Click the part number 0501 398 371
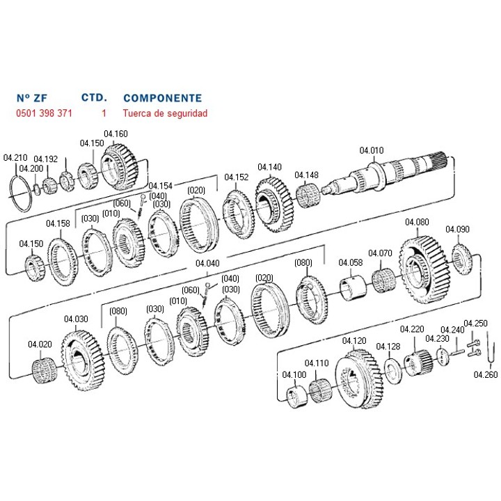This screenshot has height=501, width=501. (43, 112)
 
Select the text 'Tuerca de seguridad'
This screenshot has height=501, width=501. (165, 112)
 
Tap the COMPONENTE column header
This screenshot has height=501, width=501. (162, 98)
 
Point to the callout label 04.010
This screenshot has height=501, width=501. (372, 150)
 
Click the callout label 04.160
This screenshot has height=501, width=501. (116, 134)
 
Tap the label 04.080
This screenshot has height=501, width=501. (417, 223)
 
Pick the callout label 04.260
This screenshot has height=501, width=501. (486, 374)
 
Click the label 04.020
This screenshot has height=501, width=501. (40, 344)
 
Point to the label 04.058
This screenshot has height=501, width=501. (351, 262)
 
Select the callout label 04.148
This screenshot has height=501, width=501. (306, 175)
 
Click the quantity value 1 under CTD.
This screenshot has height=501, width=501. (104, 112)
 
